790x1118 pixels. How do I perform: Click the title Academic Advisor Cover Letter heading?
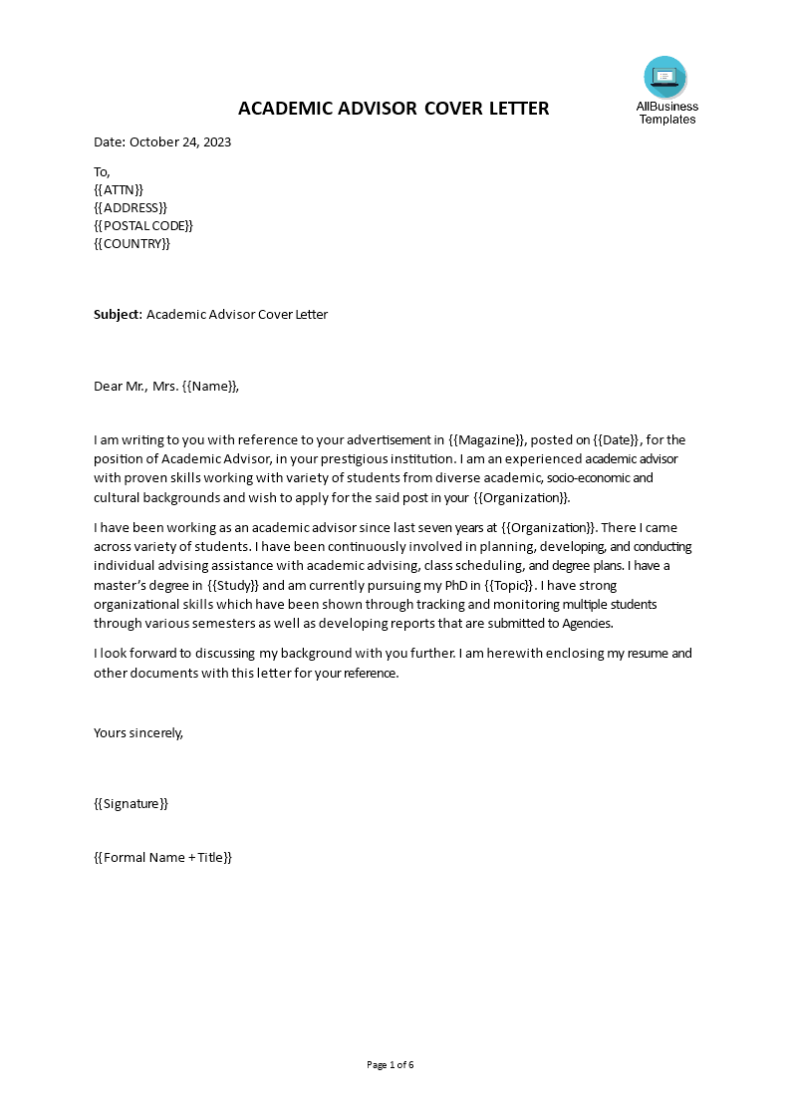pos(394,108)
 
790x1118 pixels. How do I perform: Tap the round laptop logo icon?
pos(665,77)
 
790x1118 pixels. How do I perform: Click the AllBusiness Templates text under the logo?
pos(667,113)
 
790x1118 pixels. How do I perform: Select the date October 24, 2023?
pos(179,141)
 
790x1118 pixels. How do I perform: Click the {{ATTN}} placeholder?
pos(119,189)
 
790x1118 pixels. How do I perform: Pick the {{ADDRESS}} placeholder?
pos(131,207)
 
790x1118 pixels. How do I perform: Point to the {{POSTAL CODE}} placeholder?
pos(143,225)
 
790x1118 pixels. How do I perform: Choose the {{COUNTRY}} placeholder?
pos(132,243)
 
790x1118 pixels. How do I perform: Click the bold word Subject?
pos(117,314)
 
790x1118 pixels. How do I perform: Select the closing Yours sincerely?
pos(138,731)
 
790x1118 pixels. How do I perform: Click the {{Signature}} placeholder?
pos(131,803)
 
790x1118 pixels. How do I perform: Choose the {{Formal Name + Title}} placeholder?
pos(162,856)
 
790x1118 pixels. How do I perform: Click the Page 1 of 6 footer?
pos(391,1064)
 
